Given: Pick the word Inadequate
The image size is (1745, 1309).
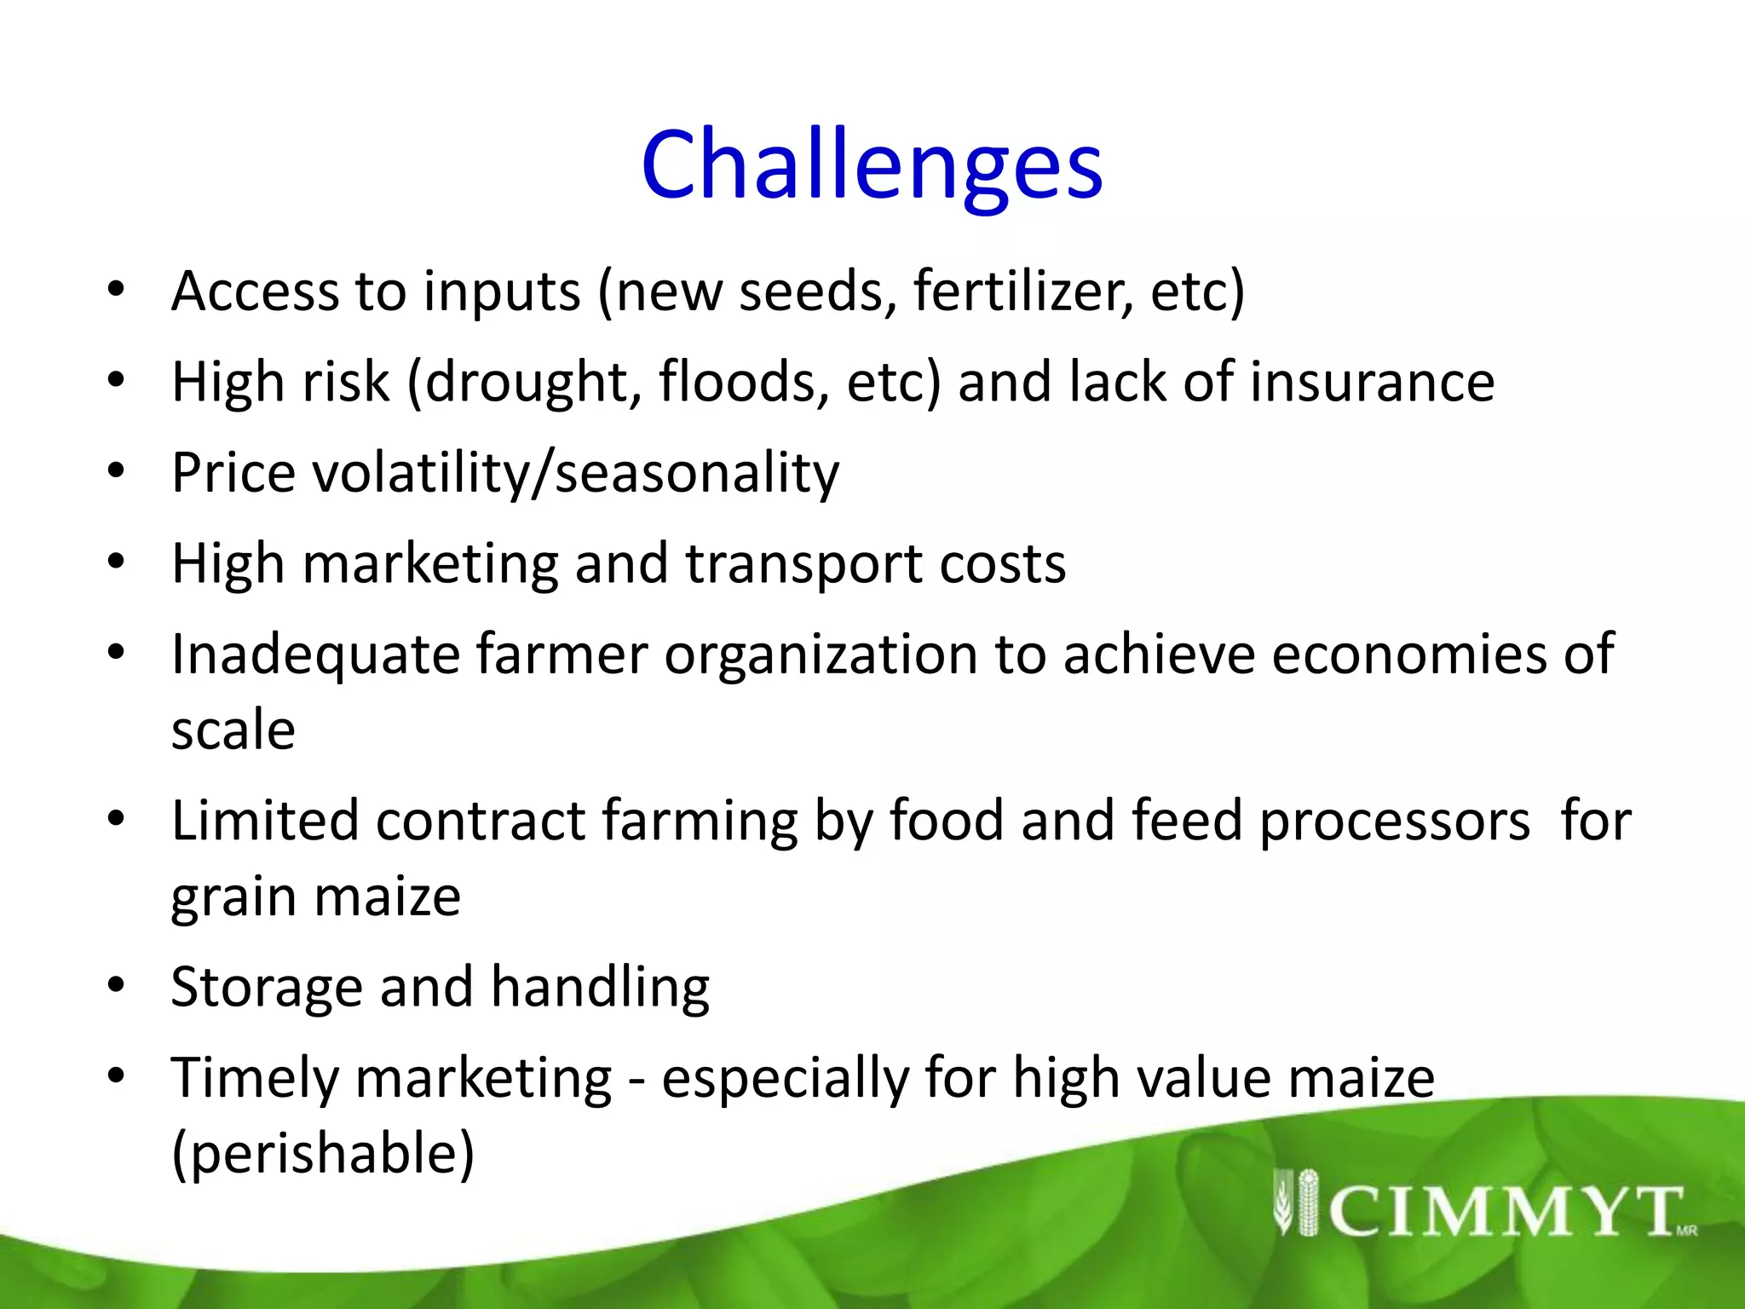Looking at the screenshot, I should [x=315, y=654].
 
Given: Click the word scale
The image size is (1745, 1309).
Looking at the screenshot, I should [x=233, y=731].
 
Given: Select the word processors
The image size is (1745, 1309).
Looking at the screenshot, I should [x=1395, y=822].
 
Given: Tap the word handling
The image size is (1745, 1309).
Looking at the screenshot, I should [x=600, y=989].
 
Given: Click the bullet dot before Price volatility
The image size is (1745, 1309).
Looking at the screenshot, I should [x=117, y=470].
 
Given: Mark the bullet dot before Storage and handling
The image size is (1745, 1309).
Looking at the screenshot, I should [x=117, y=986].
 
